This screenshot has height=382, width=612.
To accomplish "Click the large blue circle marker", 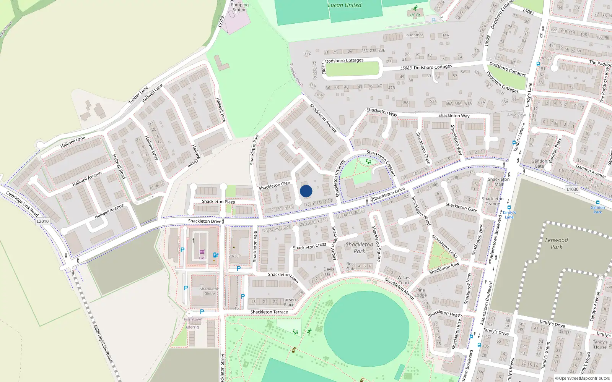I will (306, 191).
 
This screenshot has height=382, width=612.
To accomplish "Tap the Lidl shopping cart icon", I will (202, 252).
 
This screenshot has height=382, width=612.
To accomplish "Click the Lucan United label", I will (344, 5).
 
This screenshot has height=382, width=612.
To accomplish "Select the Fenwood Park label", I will (556, 243).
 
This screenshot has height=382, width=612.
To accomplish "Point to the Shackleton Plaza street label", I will (218, 201).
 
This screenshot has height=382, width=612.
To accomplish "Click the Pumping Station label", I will (239, 7).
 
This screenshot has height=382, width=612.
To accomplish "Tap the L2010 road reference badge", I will (43, 221).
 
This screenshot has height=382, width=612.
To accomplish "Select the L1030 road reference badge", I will (572, 189).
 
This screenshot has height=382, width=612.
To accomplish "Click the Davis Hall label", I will (329, 272).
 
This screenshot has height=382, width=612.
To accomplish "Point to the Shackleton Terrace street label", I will (269, 312).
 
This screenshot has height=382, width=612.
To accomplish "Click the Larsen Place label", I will (289, 302).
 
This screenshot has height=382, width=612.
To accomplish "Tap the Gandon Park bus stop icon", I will (597, 203).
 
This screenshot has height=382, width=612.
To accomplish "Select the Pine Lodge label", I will (420, 293).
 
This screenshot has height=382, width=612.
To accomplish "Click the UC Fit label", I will (415, 15).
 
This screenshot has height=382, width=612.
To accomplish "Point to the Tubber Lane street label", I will (138, 95).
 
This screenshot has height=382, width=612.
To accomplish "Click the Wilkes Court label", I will (404, 280).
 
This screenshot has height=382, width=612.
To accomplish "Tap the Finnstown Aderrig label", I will (192, 323).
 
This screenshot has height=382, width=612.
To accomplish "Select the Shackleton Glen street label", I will (274, 186).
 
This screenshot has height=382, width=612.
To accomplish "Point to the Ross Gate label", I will (351, 266).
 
